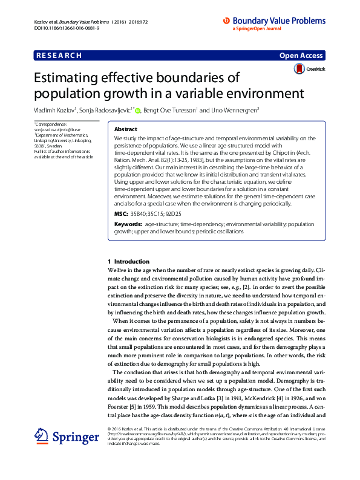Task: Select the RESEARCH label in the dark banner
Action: [x=59, y=56]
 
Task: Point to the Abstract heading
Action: [x=126, y=129]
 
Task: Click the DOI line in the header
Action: [x=61, y=28]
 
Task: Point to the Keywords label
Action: [x=127, y=224]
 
